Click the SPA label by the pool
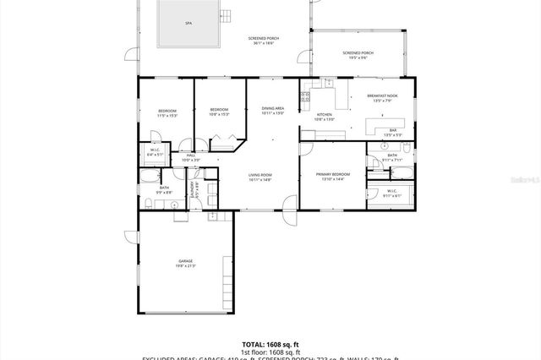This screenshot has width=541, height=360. pos(188,25)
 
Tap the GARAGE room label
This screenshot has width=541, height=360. pos(185,262)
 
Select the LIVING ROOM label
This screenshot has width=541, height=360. pos(260,175)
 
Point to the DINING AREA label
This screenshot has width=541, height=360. pos(272,108)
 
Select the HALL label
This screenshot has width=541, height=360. pos(191,155)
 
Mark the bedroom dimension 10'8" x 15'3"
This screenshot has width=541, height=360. pos(219,116)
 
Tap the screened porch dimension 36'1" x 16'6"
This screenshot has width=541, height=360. pos(264,44)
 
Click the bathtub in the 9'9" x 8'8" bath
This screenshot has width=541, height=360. pos(149,177)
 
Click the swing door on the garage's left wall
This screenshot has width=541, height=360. pos(131,237)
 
